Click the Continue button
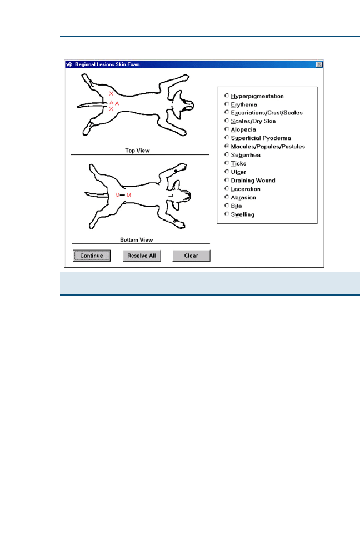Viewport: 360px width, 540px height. pyautogui.click(x=92, y=256)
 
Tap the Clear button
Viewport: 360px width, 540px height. pyautogui.click(x=191, y=256)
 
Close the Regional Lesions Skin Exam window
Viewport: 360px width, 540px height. pyautogui.click(x=319, y=64)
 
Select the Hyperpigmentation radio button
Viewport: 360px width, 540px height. pyautogui.click(x=227, y=96)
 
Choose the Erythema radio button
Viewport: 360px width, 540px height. pyautogui.click(x=227, y=104)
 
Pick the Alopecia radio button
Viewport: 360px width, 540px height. pyautogui.click(x=227, y=129)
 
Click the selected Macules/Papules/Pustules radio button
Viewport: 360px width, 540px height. pyautogui.click(x=227, y=146)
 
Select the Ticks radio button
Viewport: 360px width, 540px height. pyautogui.click(x=227, y=163)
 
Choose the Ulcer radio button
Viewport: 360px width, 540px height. pyautogui.click(x=227, y=172)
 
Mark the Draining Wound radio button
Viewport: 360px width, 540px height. pyautogui.click(x=227, y=180)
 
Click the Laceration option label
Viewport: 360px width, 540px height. pyautogui.click(x=246, y=189)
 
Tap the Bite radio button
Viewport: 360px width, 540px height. pyautogui.click(x=227, y=206)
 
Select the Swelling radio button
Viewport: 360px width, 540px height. pyautogui.click(x=227, y=214)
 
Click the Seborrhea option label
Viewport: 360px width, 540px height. pyautogui.click(x=246, y=155)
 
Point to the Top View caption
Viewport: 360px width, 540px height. pyautogui.click(x=137, y=151)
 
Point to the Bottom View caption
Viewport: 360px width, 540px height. pyautogui.click(x=137, y=239)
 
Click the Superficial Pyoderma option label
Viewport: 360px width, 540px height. pyautogui.click(x=261, y=138)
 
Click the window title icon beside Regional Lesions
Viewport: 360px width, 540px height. pyautogui.click(x=69, y=64)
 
